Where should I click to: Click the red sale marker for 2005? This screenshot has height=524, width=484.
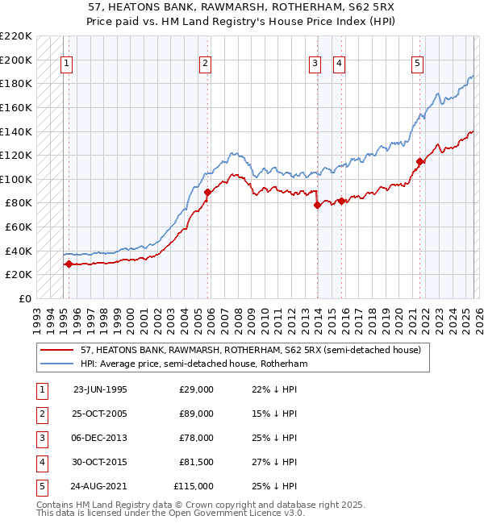click(207, 192)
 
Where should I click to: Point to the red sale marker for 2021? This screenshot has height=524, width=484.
click(419, 161)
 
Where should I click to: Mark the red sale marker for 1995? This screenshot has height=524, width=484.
click(69, 264)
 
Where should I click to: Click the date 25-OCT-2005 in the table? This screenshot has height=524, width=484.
click(100, 414)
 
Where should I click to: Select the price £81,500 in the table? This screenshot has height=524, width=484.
click(196, 462)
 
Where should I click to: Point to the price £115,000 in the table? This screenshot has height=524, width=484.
click(194, 486)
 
